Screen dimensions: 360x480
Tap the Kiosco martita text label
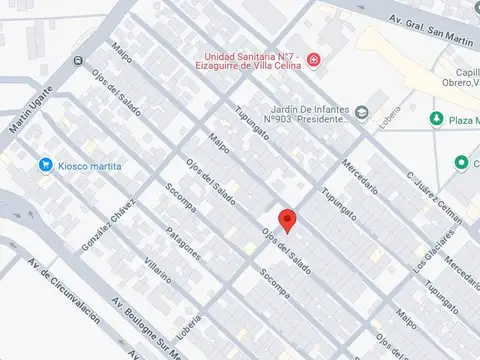(x=90, y=165)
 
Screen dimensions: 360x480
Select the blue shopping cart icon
(x=45, y=165)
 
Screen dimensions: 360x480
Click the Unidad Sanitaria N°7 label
(x=254, y=62)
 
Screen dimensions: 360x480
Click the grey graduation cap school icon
(x=362, y=111)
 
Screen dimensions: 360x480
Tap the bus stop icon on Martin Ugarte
(x=78, y=60)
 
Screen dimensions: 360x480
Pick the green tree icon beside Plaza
(x=436, y=119)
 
